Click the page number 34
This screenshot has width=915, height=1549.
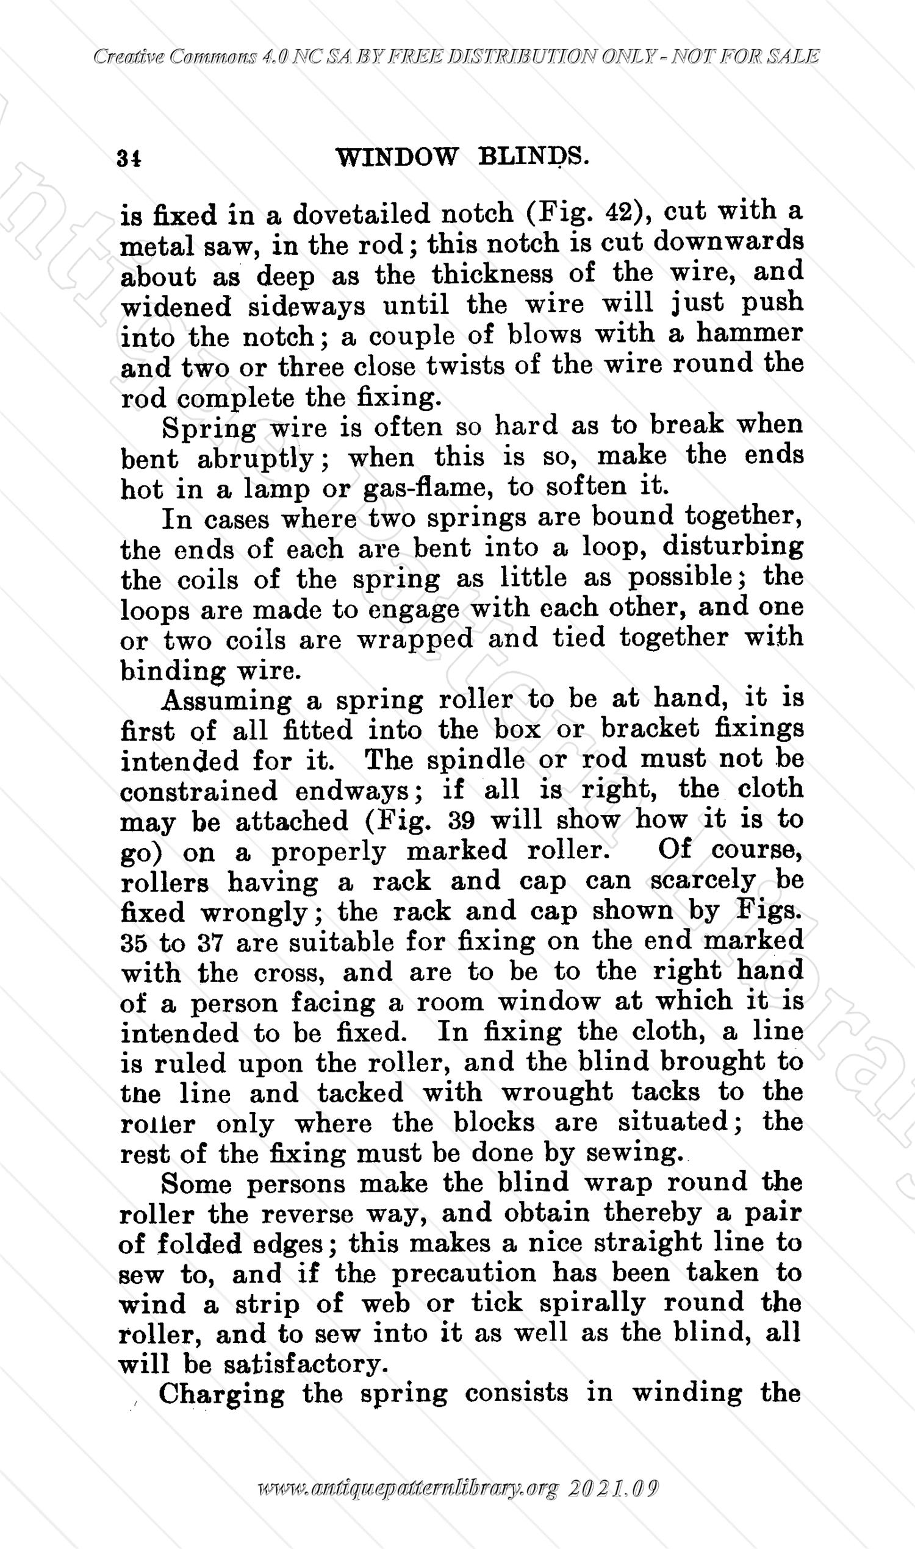pyautogui.click(x=129, y=158)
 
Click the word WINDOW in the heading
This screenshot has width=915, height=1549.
pyautogui.click(x=396, y=157)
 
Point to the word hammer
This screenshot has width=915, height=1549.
pyautogui.click(x=750, y=333)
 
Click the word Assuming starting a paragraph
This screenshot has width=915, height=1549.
pyautogui.click(x=226, y=700)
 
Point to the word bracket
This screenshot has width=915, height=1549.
pyautogui.click(x=650, y=729)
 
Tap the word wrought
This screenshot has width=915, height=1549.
pyautogui.click(x=557, y=1093)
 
